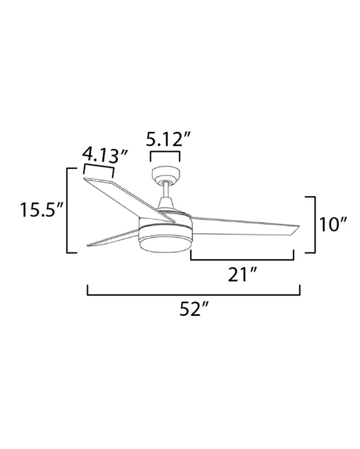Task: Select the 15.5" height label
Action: tap(41, 211)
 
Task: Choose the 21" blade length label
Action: tap(244, 275)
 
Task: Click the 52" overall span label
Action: tap(194, 310)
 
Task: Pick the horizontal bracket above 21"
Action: tap(242, 258)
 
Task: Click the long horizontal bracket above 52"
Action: tap(194, 293)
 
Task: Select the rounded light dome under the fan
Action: tap(165, 242)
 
